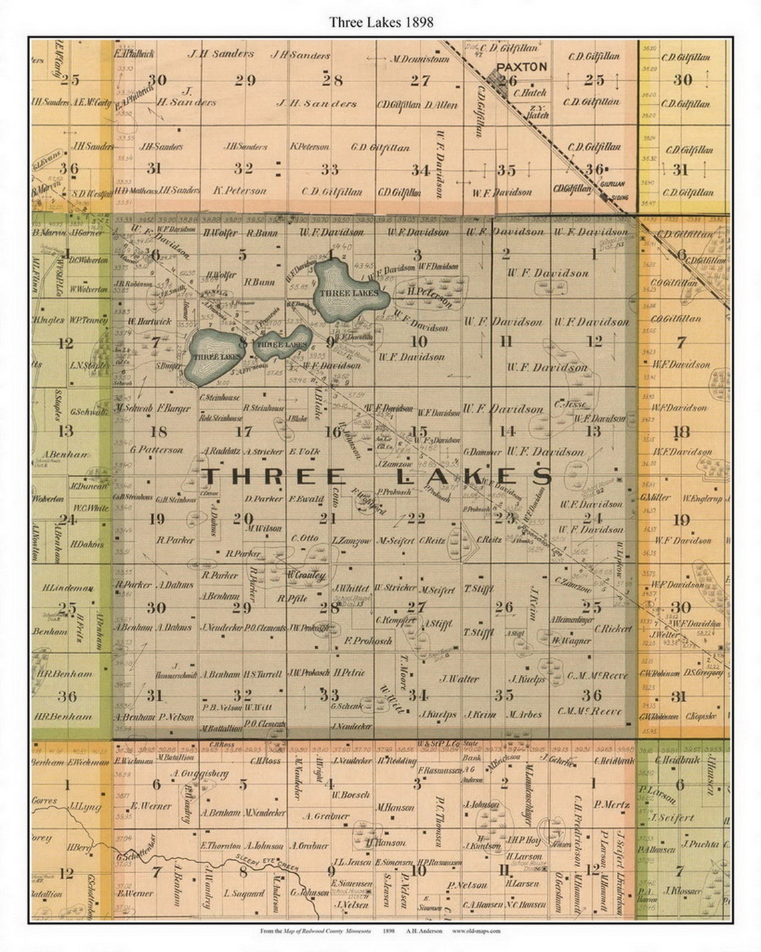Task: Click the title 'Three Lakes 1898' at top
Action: coord(380,22)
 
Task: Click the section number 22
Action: coord(416,518)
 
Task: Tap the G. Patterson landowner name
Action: coord(157,450)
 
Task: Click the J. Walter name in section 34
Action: coord(459,678)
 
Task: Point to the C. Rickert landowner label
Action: coord(613,629)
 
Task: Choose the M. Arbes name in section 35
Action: coord(524,714)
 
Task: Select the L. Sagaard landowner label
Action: coord(244,893)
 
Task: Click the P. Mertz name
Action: coord(611,805)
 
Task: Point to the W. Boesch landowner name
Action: coord(350,794)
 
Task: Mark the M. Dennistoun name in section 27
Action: coord(421,59)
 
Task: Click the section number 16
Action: coord(332,432)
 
